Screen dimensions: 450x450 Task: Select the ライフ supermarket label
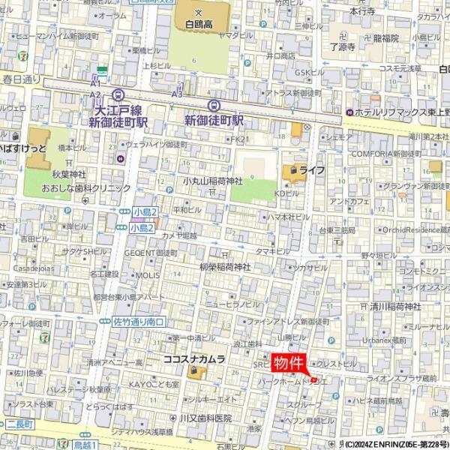point(311,171)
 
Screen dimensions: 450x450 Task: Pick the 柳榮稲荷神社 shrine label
point(225,266)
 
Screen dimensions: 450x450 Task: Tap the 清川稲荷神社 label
point(396,306)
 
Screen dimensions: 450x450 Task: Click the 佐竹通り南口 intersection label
point(139,321)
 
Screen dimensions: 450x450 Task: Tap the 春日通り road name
point(21,79)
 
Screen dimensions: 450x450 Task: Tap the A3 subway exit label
point(178,94)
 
